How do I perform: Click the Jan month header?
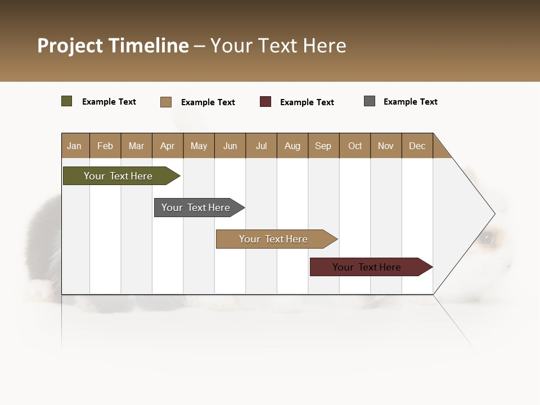point(75,146)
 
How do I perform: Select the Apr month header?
point(168,146)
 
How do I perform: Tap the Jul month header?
point(261,146)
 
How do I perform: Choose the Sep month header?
point(323,146)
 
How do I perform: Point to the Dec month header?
point(417,146)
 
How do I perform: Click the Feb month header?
point(105,146)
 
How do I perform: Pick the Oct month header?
point(355,146)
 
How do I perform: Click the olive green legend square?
point(67,101)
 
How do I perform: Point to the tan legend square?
point(166,102)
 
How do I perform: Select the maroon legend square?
point(265,102)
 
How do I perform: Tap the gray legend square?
point(370,101)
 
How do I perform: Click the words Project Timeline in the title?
point(113,46)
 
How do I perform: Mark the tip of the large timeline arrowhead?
point(494,214)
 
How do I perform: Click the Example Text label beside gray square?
point(410,102)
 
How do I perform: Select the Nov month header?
point(386,146)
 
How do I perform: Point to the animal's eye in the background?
point(488,238)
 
